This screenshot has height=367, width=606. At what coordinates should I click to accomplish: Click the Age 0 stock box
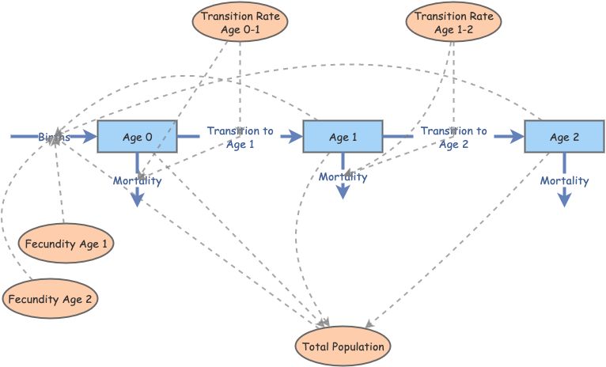click(x=138, y=138)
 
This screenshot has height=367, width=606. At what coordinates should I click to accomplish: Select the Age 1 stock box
click(x=343, y=138)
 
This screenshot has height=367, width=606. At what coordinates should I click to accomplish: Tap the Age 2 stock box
click(x=565, y=138)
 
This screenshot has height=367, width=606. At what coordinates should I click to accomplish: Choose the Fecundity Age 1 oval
click(x=66, y=244)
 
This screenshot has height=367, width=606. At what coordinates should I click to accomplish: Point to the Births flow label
click(x=54, y=138)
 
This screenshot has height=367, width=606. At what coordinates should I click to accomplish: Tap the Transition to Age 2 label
click(x=453, y=138)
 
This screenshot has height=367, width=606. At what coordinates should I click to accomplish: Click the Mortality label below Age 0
click(x=137, y=181)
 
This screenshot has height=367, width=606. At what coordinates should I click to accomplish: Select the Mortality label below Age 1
click(x=343, y=177)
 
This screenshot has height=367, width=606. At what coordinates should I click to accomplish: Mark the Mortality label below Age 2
click(x=564, y=181)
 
